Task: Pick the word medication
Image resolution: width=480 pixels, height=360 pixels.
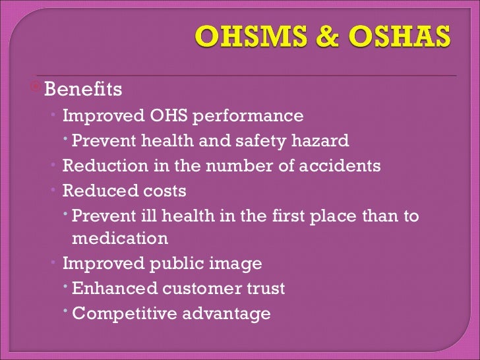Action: tap(120, 238)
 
